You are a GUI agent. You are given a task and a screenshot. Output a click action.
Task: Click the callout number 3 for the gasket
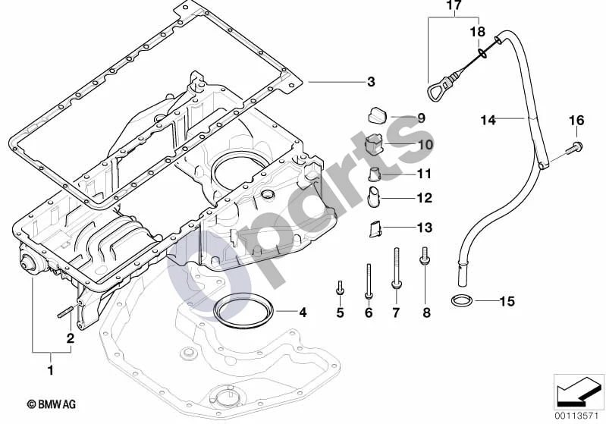tap(371, 82)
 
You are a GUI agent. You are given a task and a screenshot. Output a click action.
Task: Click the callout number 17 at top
tap(454, 6)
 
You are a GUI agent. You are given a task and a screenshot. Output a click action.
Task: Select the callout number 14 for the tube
tap(488, 120)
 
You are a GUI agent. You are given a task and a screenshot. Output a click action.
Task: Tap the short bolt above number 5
tap(340, 288)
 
